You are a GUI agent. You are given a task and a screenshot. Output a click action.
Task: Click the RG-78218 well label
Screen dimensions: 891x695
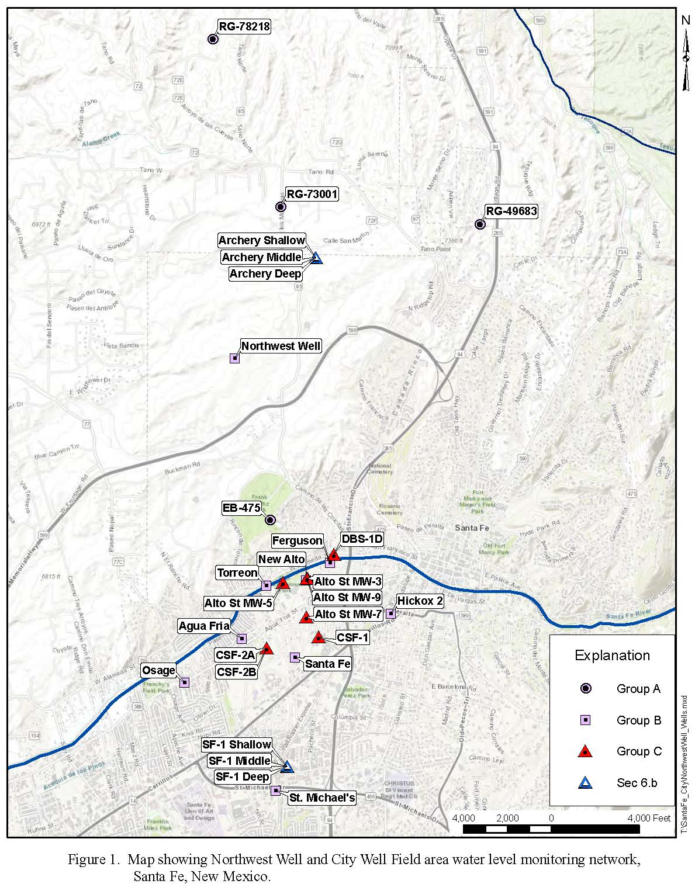(244, 26)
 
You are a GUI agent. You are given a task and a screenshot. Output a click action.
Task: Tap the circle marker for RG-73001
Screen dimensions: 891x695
(280, 207)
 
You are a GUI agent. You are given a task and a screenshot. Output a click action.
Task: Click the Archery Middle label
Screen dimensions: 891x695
(261, 257)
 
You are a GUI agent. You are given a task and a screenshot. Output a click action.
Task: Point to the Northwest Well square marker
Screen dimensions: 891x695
(234, 358)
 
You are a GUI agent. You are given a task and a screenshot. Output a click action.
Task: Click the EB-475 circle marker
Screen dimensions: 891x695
(270, 519)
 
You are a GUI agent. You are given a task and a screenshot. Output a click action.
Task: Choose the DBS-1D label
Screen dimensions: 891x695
(362, 539)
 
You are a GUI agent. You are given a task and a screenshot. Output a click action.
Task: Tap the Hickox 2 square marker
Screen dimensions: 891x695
(390, 613)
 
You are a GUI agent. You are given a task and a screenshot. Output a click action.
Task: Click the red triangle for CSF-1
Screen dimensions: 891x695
(318, 637)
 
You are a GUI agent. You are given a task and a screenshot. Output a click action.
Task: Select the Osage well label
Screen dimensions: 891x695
(158, 670)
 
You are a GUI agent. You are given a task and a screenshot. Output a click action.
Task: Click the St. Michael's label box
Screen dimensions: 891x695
(322, 798)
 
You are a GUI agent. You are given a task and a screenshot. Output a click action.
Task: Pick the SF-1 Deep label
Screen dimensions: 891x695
(243, 776)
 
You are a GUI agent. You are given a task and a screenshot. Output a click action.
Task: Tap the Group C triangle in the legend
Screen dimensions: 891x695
(585, 751)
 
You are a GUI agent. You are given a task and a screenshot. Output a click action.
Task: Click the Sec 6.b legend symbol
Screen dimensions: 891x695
(585, 783)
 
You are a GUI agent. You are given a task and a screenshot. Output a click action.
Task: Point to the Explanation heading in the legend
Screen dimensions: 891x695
(612, 656)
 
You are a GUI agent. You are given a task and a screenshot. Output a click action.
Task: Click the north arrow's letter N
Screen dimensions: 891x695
(686, 21)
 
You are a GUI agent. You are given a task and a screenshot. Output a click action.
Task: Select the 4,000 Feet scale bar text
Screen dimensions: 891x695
(649, 818)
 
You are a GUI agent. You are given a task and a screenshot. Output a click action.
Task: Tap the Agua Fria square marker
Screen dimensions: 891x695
(242, 639)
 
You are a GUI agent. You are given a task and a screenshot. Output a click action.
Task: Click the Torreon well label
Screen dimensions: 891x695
(237, 573)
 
